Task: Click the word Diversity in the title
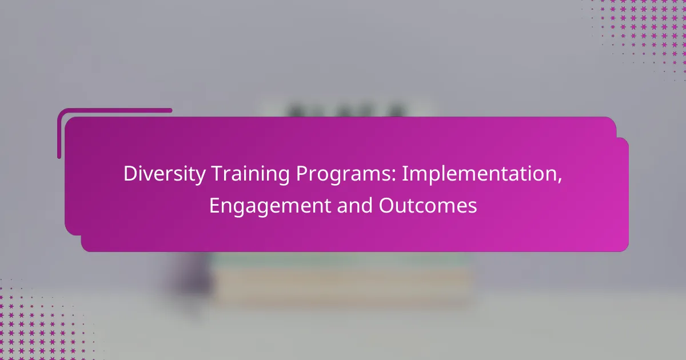[x=165, y=174]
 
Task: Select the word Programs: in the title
[x=346, y=174]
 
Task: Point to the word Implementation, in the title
[x=482, y=174]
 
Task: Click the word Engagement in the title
[x=270, y=206]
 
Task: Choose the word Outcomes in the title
[x=428, y=205]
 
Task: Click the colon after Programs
[x=394, y=177]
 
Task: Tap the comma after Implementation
[x=560, y=181]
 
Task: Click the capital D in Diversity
[x=130, y=174]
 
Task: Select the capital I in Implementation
[x=404, y=174]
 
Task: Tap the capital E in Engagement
[x=215, y=205]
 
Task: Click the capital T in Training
[x=217, y=174]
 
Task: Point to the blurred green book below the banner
[x=340, y=261]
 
